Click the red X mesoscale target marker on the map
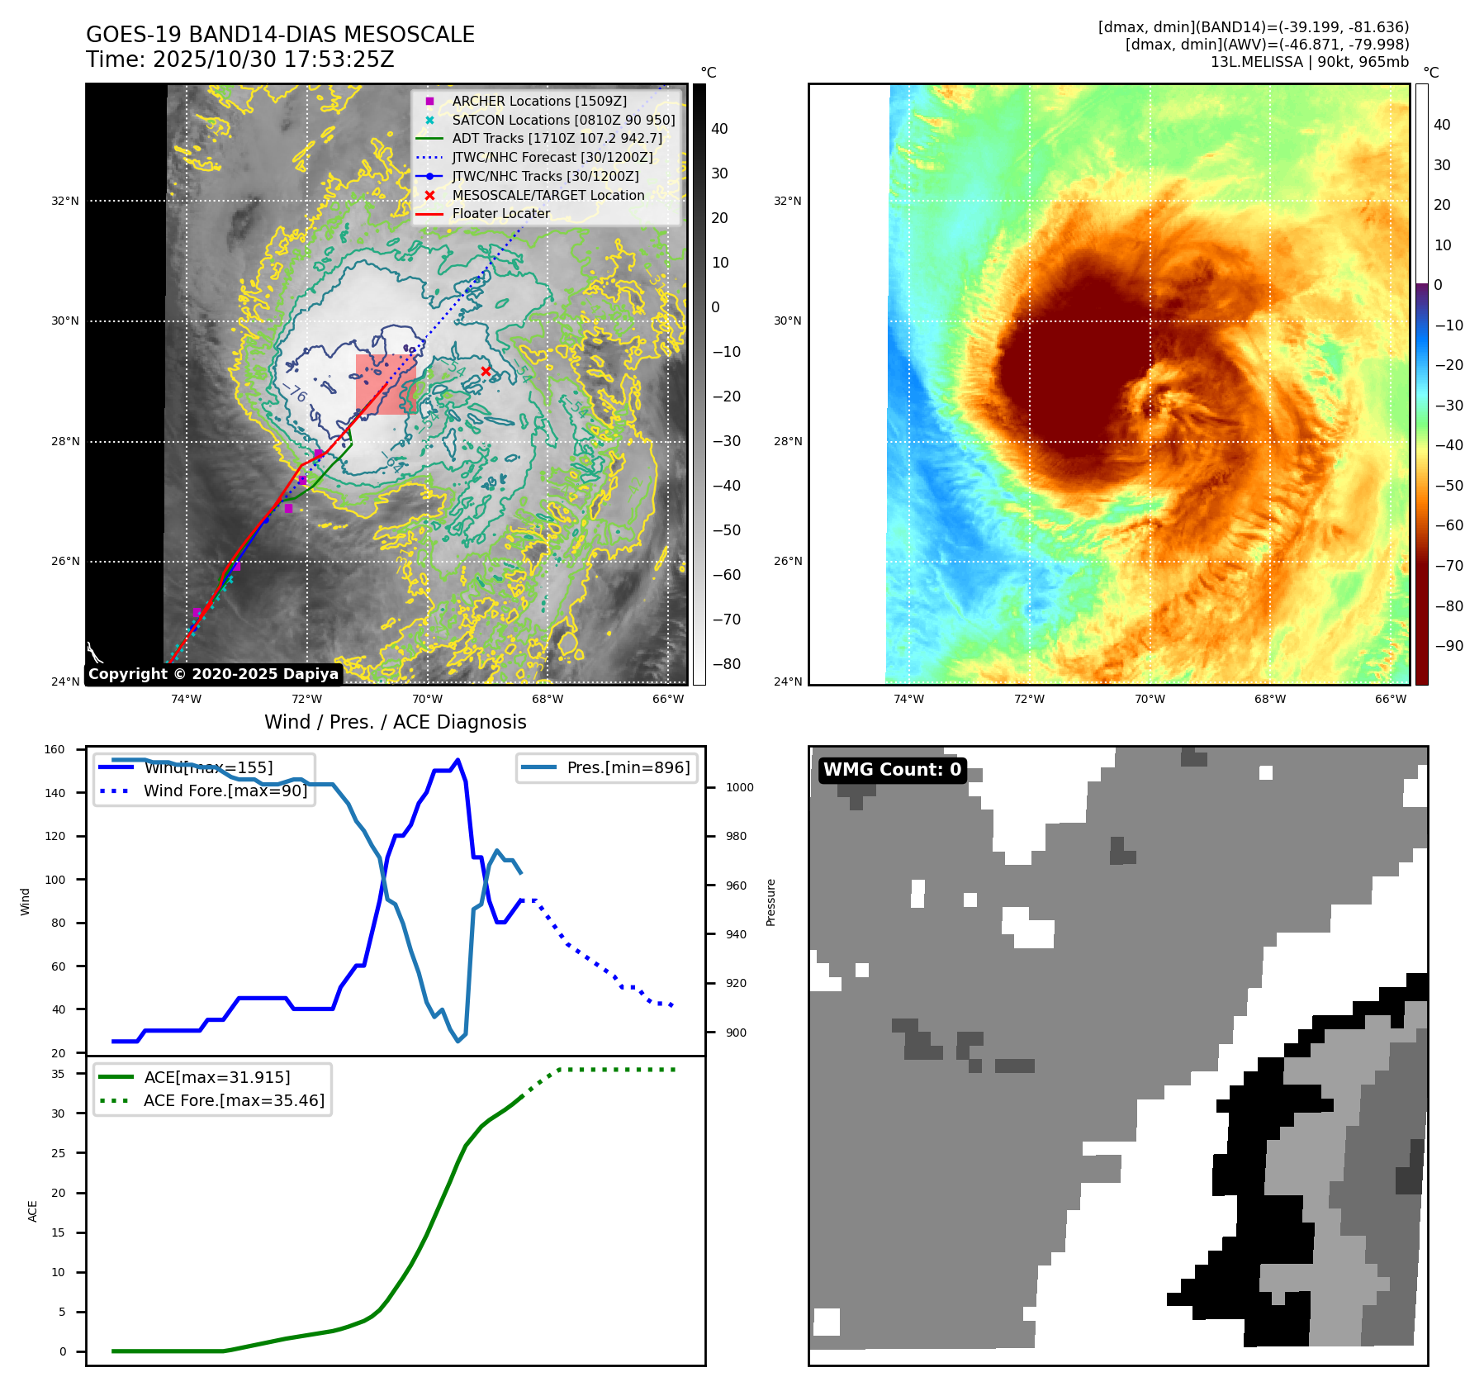tap(486, 372)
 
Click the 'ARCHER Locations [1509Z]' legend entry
tap(538, 101)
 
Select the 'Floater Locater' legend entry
tap(500, 213)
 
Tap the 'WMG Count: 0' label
tap(892, 770)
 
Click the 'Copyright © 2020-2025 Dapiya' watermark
tap(213, 674)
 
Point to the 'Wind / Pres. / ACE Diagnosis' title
tap(395, 722)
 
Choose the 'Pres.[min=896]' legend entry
tap(628, 767)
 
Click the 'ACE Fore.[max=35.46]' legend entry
tap(234, 1100)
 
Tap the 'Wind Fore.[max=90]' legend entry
tap(225, 791)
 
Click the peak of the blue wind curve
tap(458, 760)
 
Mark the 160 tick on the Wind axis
tap(55, 750)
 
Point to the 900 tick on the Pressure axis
tap(739, 1033)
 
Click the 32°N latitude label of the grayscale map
tap(65, 201)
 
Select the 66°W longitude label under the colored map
tap(1391, 699)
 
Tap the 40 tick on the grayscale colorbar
tap(719, 129)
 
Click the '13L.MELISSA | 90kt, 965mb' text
tap(1309, 62)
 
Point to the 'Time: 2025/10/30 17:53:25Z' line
tap(239, 59)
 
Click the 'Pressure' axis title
tap(770, 902)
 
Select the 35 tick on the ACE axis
tap(58, 1074)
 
